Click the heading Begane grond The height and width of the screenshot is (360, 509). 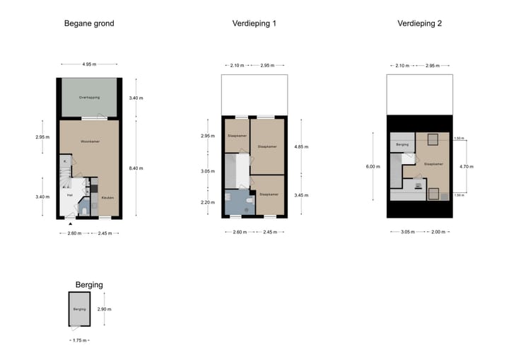point(89,23)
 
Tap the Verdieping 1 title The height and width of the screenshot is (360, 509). point(254,23)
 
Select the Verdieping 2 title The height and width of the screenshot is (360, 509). point(419,23)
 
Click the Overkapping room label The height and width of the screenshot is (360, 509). point(89,96)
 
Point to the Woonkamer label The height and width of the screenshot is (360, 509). point(89,142)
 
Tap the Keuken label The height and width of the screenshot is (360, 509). point(107,197)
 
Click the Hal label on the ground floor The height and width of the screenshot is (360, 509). point(70,194)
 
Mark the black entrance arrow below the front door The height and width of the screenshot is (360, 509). point(70,224)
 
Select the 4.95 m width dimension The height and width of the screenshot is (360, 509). point(89,64)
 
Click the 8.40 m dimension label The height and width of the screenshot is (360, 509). point(136,168)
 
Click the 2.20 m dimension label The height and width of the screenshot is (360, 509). point(207,202)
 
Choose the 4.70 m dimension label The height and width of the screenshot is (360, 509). point(467,167)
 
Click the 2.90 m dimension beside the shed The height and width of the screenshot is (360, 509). point(104,309)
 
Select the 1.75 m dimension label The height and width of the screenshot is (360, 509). point(79,340)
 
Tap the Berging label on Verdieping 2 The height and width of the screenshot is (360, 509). point(402,144)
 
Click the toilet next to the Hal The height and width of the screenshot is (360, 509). point(83,210)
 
